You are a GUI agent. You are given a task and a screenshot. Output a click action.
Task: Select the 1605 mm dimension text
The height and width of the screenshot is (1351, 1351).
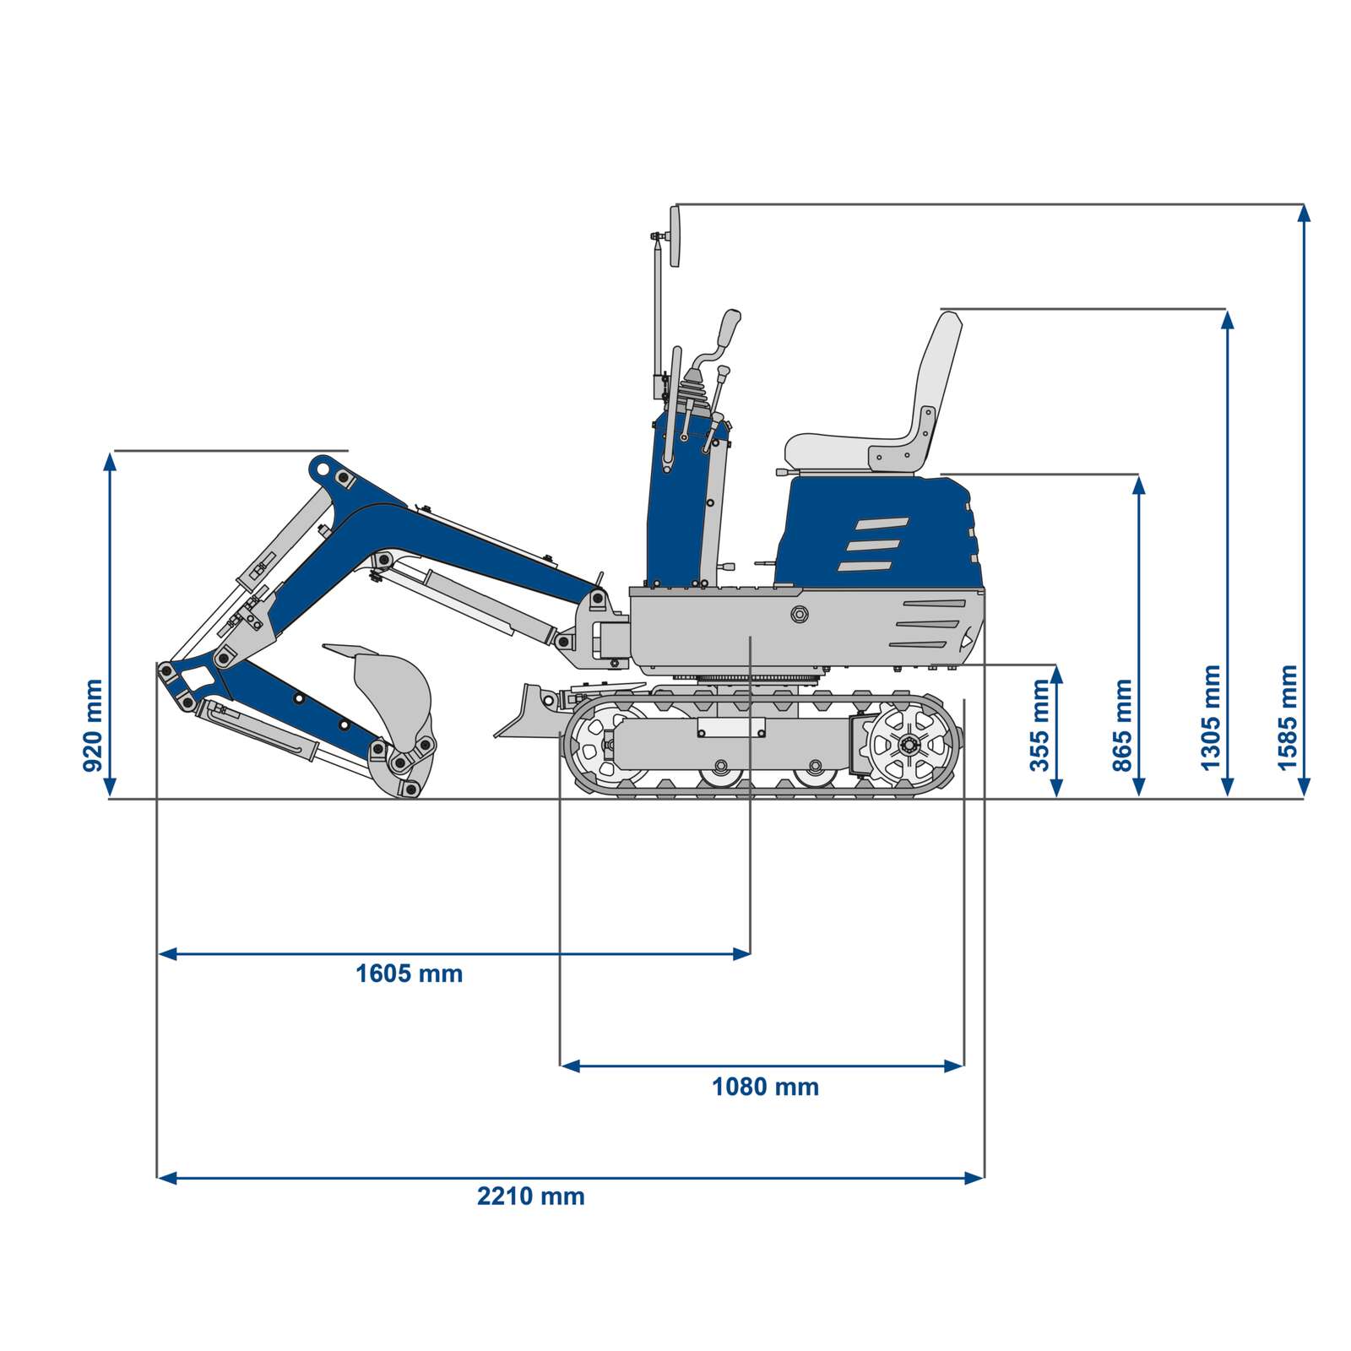click(409, 974)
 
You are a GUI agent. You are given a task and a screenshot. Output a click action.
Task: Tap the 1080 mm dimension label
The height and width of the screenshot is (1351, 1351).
click(765, 1086)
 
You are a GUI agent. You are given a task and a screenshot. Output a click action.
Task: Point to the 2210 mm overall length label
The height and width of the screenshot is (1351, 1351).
click(530, 1196)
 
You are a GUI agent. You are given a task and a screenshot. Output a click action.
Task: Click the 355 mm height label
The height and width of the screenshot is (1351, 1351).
click(1040, 725)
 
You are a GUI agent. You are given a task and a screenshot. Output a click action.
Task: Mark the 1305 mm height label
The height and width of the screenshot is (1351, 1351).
click(1211, 718)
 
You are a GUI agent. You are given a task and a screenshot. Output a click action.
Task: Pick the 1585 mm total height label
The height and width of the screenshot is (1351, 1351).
click(1287, 718)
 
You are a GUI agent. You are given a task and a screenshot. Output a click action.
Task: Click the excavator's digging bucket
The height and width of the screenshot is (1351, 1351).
click(390, 692)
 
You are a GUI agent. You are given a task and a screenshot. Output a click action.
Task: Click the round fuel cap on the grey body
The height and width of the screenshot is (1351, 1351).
click(798, 614)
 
